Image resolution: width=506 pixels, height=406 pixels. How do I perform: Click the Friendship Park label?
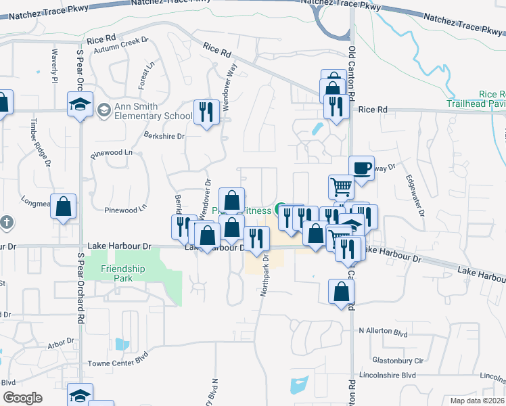point(122,273)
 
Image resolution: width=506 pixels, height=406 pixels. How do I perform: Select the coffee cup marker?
point(361,168)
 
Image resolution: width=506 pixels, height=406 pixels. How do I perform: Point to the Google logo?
point(22,398)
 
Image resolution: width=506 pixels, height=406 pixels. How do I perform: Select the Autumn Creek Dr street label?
point(121,45)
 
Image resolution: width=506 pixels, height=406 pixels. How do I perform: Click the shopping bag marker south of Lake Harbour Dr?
point(341,292)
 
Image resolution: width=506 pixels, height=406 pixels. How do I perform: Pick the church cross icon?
point(5,222)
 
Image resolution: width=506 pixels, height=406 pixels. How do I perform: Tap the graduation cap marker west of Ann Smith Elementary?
point(79,104)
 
